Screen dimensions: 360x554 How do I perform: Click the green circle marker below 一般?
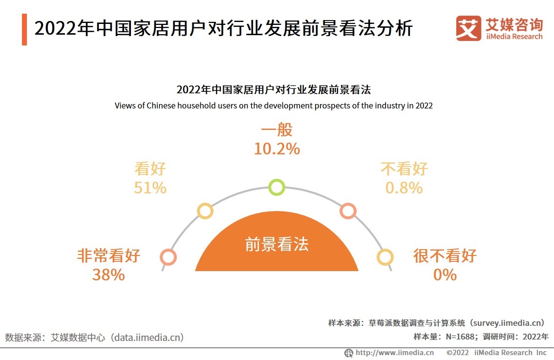point(277,188)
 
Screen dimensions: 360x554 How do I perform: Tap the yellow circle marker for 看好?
point(205,211)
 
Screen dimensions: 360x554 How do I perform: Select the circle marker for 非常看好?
point(168,257)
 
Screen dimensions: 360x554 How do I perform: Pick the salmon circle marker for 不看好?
point(348,211)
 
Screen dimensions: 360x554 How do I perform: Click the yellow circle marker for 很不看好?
point(385,257)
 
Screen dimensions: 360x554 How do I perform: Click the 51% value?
point(150,188)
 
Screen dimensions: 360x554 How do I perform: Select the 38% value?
point(108,275)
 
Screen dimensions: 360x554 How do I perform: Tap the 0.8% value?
point(404,188)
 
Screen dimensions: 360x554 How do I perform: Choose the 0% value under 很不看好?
point(445,275)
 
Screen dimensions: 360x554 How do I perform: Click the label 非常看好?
point(108,255)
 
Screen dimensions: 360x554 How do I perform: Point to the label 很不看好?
point(445,255)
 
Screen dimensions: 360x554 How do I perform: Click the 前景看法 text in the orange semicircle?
point(277,244)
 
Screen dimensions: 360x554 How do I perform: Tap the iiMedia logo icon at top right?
point(469,28)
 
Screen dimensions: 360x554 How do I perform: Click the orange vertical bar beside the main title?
point(24,30)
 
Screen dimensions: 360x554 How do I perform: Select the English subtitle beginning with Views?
point(274,106)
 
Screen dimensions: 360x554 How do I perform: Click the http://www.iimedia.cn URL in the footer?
point(394,353)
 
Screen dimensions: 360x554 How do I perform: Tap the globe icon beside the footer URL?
point(349,353)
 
